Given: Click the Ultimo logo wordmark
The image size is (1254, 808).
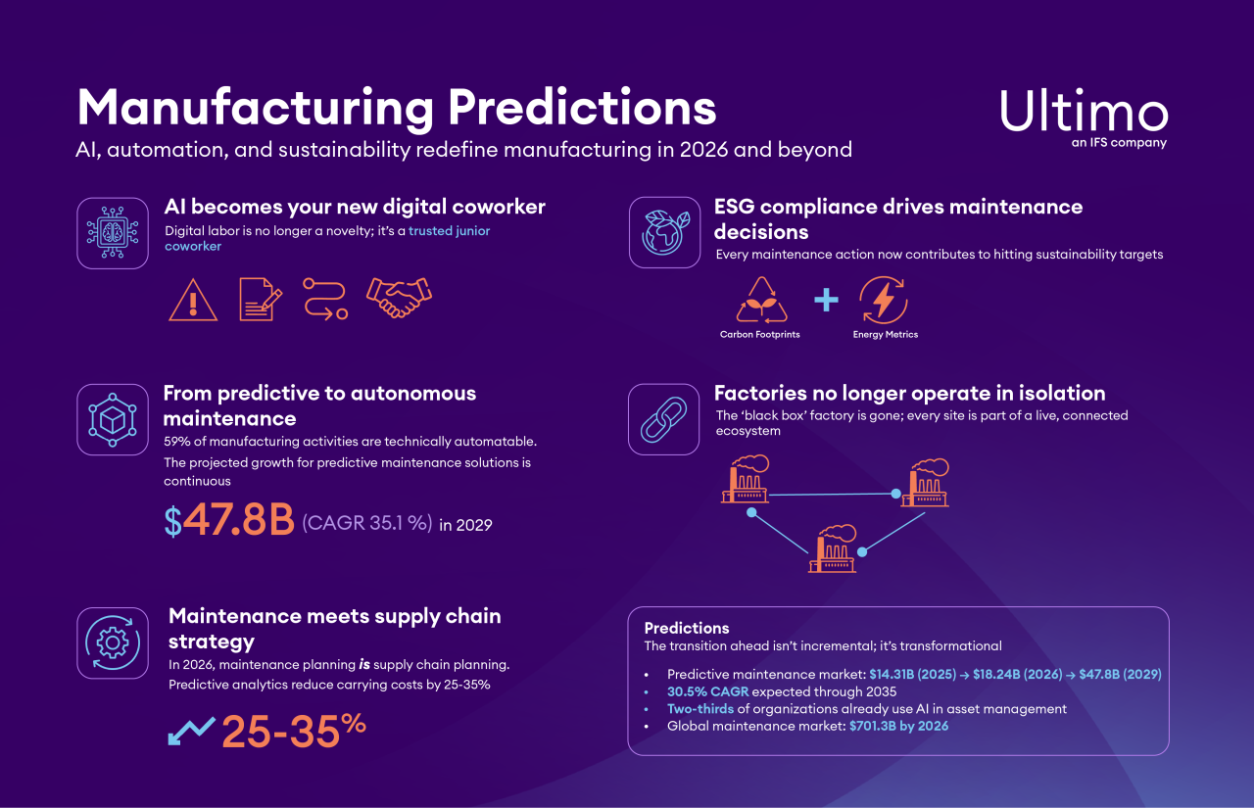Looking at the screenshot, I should click(x=1084, y=113).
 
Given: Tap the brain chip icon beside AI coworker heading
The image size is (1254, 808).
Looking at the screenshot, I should click(x=113, y=233).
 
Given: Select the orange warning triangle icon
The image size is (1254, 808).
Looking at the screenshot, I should click(x=193, y=299).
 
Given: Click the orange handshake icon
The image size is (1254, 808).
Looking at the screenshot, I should click(x=399, y=298).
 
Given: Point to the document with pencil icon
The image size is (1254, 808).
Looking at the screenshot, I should click(x=261, y=299).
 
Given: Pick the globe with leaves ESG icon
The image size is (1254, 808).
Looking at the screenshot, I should click(x=664, y=232).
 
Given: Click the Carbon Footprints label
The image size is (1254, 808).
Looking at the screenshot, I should click(x=759, y=335).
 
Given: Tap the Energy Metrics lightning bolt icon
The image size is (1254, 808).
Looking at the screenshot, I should click(x=883, y=300).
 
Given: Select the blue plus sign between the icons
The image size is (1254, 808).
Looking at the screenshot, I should click(x=827, y=300).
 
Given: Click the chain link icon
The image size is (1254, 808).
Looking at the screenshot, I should click(x=664, y=419).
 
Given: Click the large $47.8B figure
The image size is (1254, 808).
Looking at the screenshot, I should click(x=229, y=522).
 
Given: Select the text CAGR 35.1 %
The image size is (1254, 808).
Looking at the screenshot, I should click(x=367, y=523).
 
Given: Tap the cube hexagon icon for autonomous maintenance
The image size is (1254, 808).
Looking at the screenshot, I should click(x=113, y=419).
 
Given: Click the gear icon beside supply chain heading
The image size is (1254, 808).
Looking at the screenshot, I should click(x=113, y=642).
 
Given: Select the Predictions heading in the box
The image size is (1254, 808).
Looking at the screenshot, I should click(x=687, y=628).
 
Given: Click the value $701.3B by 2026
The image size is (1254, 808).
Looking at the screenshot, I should click(x=898, y=726).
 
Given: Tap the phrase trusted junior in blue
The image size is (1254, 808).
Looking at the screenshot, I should click(x=449, y=231).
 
